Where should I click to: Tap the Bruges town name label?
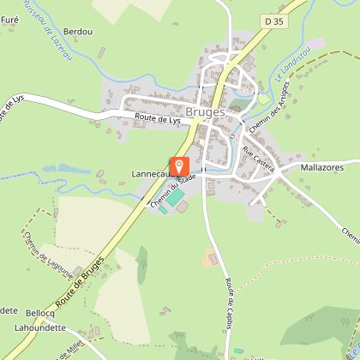[x=205, y=112]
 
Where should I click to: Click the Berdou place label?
[x=77, y=32]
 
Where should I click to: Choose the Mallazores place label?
[x=322, y=170]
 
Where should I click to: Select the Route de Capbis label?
[x=230, y=282]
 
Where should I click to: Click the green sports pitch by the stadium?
[x=175, y=198]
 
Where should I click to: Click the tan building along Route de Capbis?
[x=212, y=256]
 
